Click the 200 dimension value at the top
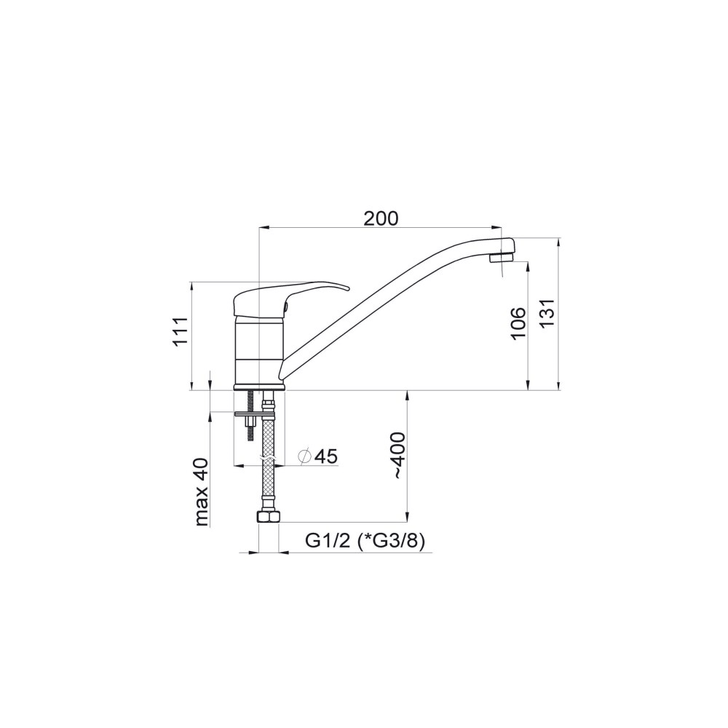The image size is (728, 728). (x=381, y=218)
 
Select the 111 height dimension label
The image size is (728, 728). (x=181, y=332)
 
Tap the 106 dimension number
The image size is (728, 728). (x=518, y=323)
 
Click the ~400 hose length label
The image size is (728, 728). (x=399, y=455)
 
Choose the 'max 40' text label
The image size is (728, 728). (x=202, y=492)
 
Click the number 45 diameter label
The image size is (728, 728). (x=325, y=456)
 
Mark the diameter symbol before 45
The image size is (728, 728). (x=305, y=456)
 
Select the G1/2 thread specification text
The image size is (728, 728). (x=327, y=541)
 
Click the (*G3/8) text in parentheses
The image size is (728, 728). (x=392, y=542)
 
